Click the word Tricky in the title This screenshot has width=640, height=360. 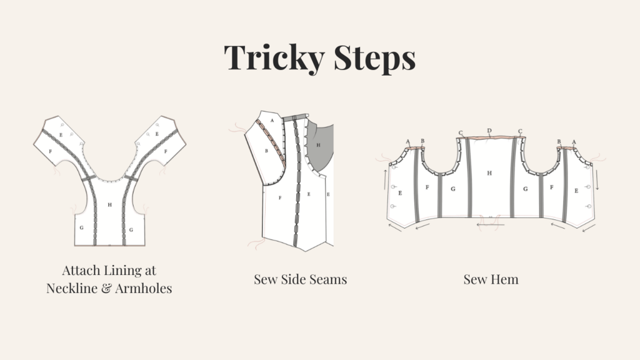point(274,57)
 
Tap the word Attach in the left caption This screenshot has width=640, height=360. point(81,270)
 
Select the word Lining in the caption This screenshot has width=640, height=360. point(121,271)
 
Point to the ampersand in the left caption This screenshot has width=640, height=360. point(106,288)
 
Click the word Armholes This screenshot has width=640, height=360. point(143,288)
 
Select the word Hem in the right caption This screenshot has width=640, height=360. point(505,279)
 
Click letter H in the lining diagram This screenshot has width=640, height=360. point(109,205)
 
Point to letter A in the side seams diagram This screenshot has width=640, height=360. point(272,121)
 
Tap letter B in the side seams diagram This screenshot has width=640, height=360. point(266,151)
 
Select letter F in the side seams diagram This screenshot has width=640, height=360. point(280,198)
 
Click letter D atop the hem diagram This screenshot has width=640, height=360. point(489,131)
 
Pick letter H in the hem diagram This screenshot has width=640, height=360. point(489,173)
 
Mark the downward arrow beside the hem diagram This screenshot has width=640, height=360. point(597,179)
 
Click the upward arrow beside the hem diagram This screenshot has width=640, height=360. point(385,179)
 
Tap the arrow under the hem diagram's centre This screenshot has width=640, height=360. point(490,224)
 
